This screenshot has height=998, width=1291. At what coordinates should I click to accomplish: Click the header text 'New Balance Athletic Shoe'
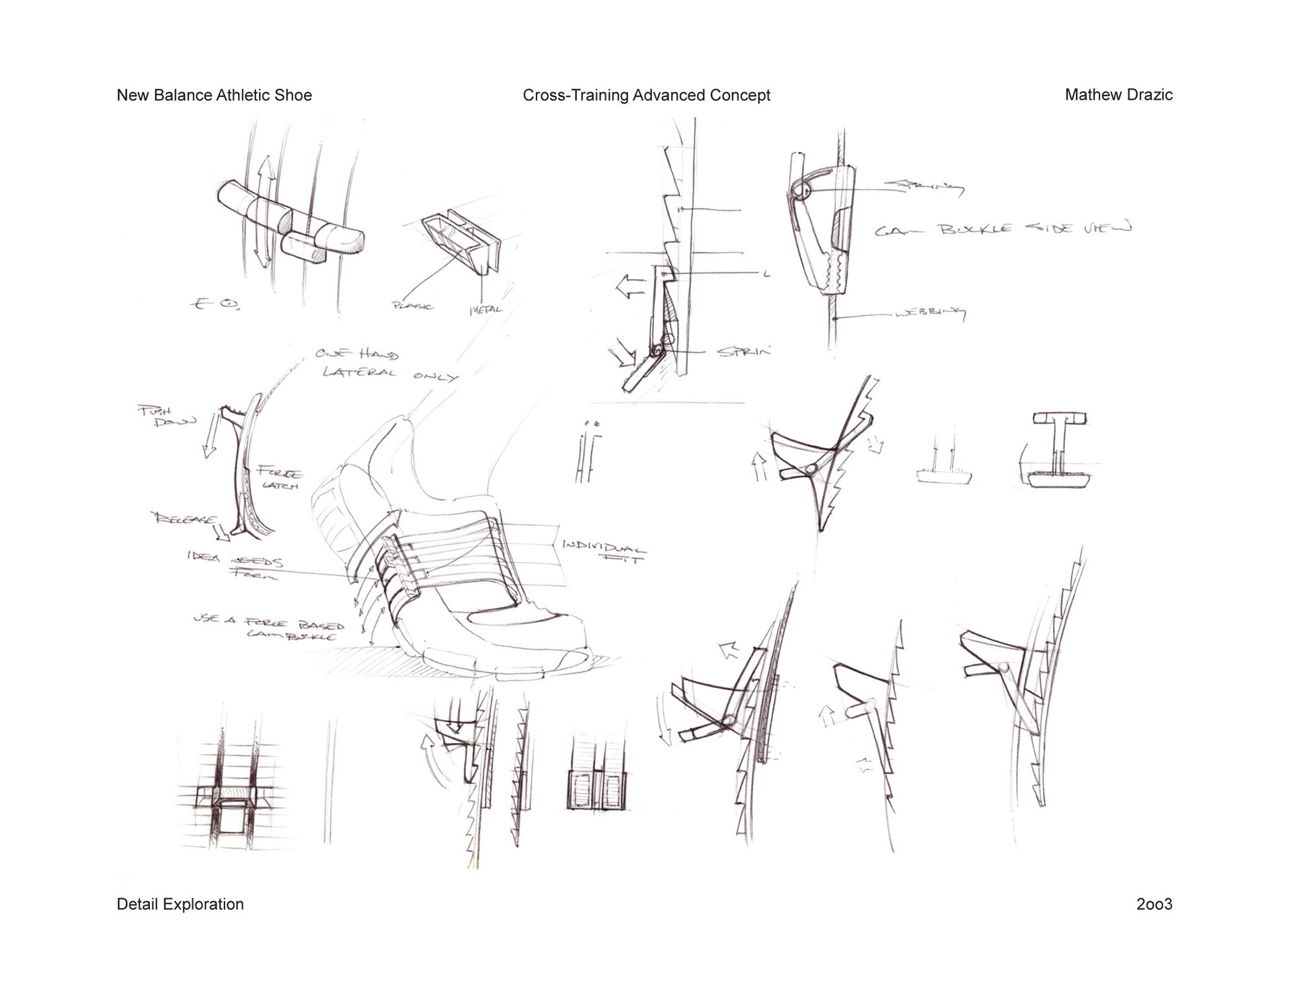(214, 95)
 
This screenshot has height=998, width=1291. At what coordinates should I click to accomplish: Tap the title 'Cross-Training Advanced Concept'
(646, 95)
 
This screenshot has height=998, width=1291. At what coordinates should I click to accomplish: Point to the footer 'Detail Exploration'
(180, 904)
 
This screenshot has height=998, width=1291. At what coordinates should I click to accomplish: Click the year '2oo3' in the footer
(1154, 904)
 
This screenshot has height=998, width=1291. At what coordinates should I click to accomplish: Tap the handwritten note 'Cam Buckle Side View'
(1003, 229)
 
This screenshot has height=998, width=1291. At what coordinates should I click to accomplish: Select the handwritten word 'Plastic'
(412, 305)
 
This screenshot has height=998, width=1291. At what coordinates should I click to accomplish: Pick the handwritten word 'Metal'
(485, 309)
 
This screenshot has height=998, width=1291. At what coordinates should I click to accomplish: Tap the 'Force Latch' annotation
(278, 479)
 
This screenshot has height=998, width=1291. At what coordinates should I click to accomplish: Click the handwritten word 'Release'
(184, 519)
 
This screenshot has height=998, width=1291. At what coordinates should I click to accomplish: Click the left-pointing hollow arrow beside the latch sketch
(629, 286)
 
